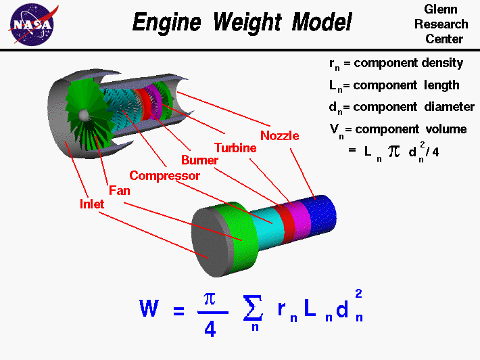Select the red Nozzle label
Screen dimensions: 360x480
point(279,135)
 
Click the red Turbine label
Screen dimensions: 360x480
point(235,148)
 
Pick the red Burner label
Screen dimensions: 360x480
point(199,160)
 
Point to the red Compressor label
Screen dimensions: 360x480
point(165,175)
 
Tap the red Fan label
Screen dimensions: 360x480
point(119,190)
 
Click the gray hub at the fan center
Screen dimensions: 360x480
point(84,116)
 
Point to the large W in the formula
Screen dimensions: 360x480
point(149,310)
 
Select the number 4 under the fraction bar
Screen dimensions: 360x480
point(210,329)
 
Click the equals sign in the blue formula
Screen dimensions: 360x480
point(178,311)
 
